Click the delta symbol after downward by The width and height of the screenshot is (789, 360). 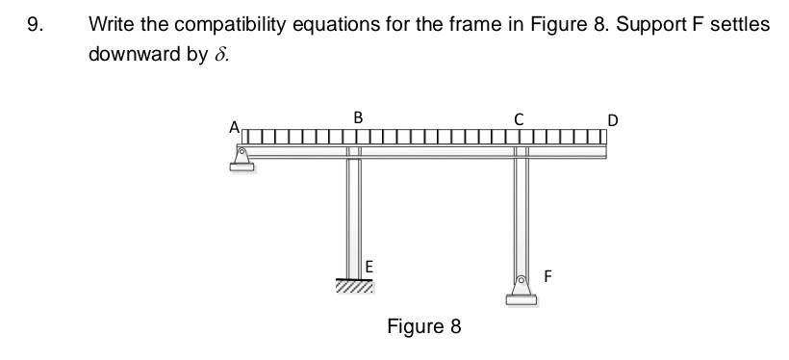(x=219, y=53)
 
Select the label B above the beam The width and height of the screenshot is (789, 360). (x=358, y=117)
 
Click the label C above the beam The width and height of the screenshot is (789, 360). (x=519, y=119)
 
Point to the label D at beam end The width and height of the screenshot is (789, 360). (x=613, y=120)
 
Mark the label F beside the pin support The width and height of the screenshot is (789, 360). (x=547, y=276)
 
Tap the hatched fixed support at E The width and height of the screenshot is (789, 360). (x=355, y=286)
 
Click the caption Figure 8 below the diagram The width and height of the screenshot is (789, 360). (x=423, y=326)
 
